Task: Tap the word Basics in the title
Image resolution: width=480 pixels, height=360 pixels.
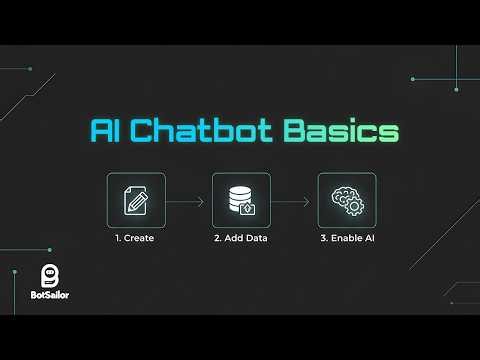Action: [x=340, y=132]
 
